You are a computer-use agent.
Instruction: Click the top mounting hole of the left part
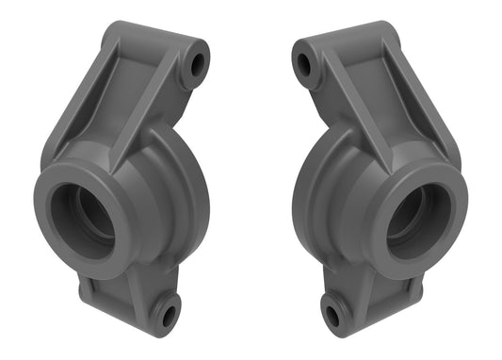[198, 63]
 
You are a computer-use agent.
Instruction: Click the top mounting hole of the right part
[304, 65]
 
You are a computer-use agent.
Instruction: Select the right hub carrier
[377, 188]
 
